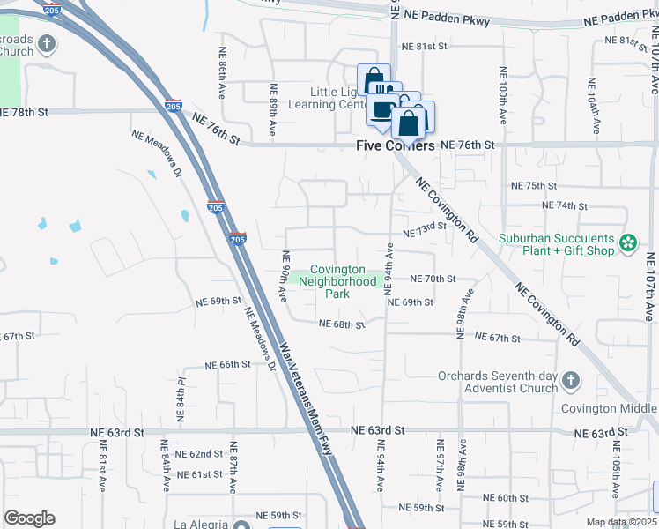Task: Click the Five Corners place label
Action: pos(396,145)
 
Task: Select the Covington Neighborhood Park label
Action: pos(332,281)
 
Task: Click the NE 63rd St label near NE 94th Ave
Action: pos(377,429)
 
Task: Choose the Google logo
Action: pos(29,518)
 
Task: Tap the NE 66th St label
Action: pos(228,364)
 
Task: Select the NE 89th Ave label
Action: pos(273,115)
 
